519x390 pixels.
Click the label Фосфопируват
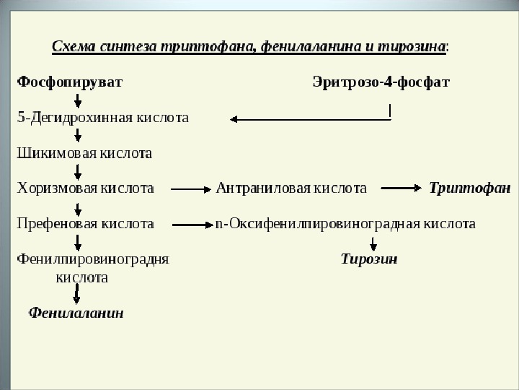(69, 82)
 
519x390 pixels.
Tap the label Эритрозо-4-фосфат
(381, 82)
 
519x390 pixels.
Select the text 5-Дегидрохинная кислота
(103, 118)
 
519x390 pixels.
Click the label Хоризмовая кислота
(85, 188)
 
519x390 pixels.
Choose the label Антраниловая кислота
(291, 188)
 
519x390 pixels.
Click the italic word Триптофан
(464, 188)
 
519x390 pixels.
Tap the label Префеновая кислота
(85, 224)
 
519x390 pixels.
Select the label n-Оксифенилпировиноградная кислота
(345, 224)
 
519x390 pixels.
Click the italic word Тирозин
(369, 259)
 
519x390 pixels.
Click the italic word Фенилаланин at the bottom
(76, 313)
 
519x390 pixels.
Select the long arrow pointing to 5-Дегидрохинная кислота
(310, 119)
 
